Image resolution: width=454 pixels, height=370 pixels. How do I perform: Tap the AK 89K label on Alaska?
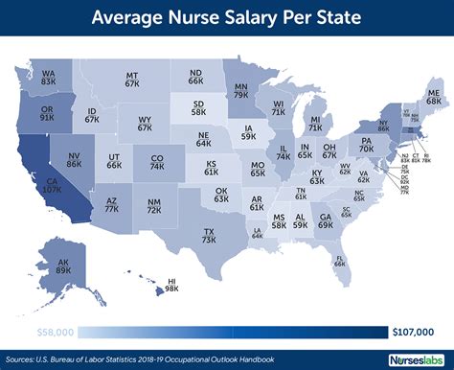[64, 267]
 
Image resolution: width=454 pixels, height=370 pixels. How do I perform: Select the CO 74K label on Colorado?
[158, 162]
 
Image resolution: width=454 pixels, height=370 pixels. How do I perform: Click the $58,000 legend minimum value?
[53, 332]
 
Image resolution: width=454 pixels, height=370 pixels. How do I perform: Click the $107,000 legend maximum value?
[414, 332]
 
